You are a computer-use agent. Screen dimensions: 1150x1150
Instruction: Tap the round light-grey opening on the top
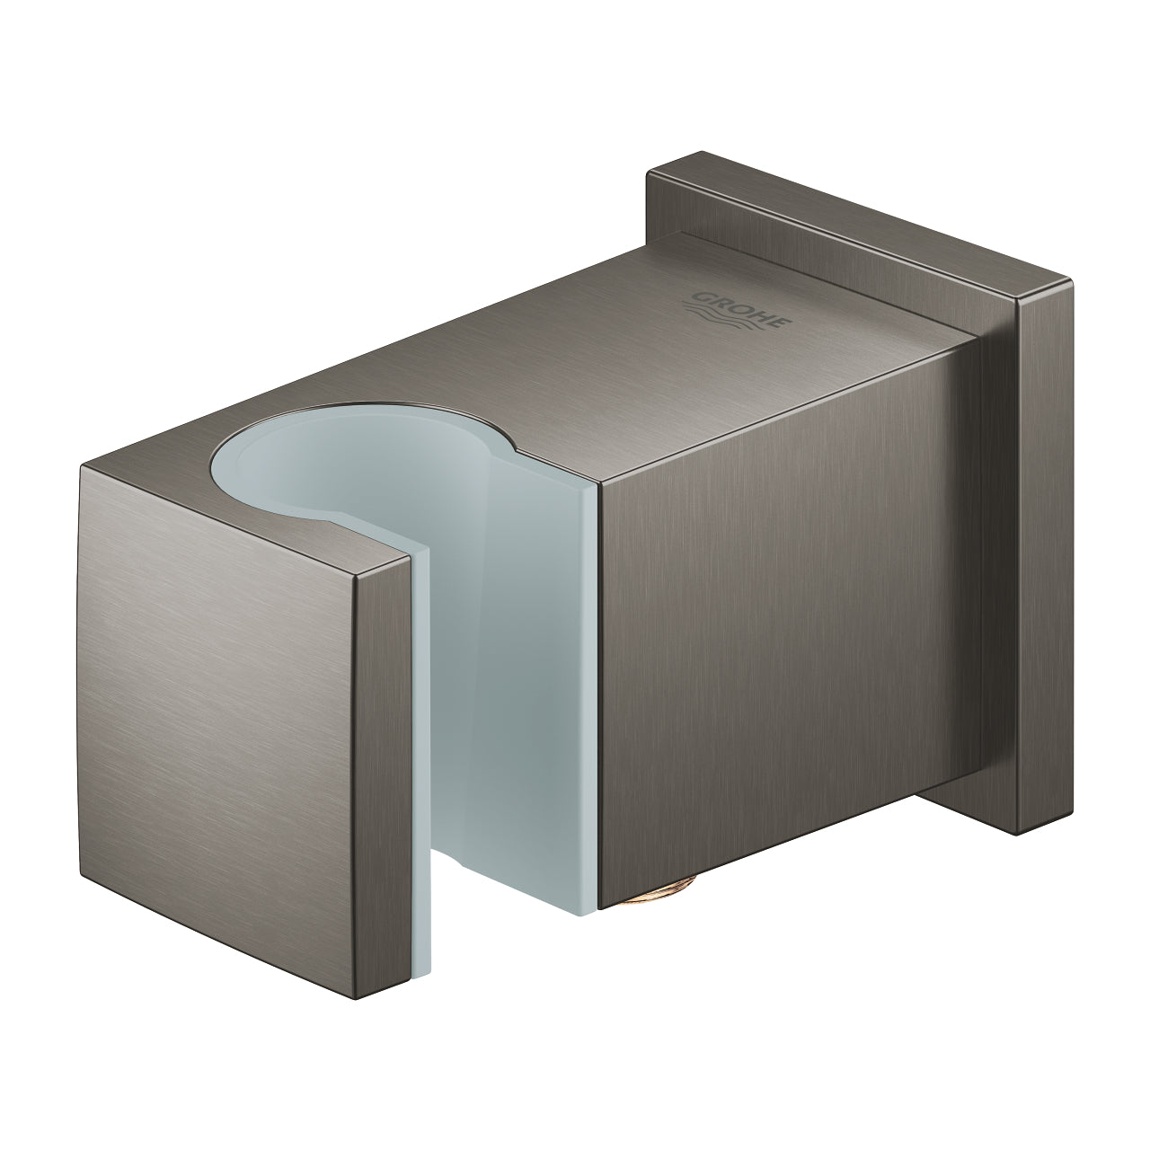[x=359, y=476]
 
